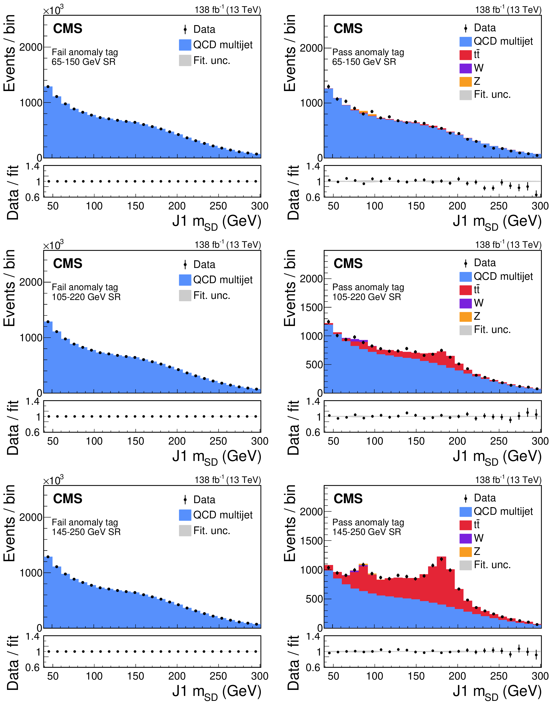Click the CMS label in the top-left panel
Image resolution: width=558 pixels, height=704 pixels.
[x=68, y=29]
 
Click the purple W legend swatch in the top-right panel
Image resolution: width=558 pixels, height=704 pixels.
[x=465, y=68]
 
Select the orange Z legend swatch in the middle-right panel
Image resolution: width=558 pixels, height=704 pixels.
[x=465, y=317]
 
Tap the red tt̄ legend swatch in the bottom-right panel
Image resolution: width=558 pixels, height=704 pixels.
[x=465, y=525]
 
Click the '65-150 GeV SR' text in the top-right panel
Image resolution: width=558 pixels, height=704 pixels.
[x=364, y=62]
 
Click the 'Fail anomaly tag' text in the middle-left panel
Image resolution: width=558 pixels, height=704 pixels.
[x=85, y=287]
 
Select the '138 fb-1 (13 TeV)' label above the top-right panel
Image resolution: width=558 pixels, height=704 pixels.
[x=508, y=10]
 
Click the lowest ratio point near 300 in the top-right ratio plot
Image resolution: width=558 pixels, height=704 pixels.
[x=536, y=195]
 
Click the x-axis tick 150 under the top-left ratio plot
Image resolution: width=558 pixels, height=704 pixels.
[x=136, y=206]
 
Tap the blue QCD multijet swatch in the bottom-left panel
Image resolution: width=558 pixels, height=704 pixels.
[x=185, y=515]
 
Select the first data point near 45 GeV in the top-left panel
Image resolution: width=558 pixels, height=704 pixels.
[x=48, y=87]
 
